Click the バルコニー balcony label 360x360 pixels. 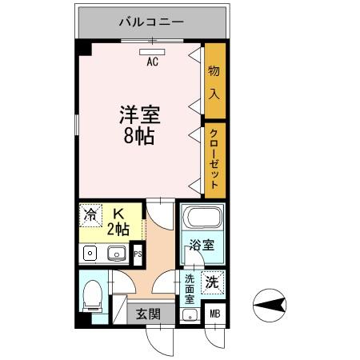click(151, 22)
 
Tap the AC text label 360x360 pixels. click(151, 61)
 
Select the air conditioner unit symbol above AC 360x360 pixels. click(151, 50)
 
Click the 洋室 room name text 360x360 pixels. click(140, 114)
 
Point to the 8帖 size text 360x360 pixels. click(140, 135)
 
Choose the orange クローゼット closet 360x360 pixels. click(214, 158)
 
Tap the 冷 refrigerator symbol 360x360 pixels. click(90, 214)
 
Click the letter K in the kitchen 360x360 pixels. click(118, 214)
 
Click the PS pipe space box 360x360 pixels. click(138, 255)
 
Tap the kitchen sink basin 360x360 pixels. click(117, 254)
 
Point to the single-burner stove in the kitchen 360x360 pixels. click(90, 254)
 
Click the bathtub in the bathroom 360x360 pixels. click(200, 218)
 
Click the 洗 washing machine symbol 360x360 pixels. click(212, 281)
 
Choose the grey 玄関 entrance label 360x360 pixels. click(146, 313)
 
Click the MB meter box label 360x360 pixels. click(214, 313)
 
